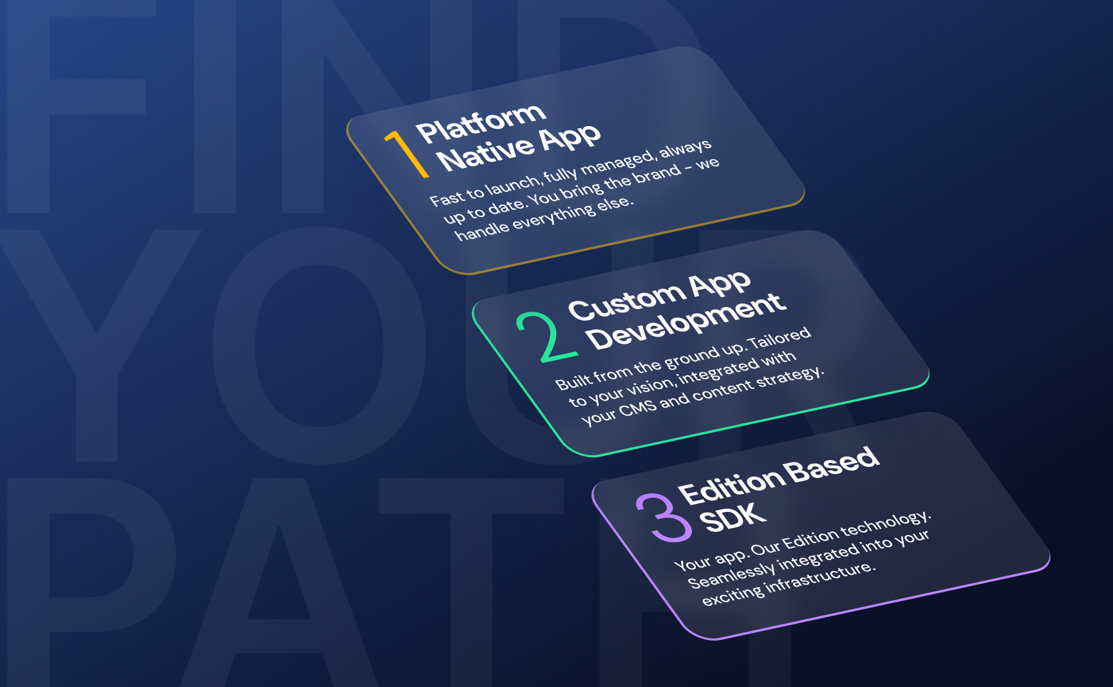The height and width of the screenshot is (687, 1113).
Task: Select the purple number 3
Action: pyautogui.click(x=664, y=518)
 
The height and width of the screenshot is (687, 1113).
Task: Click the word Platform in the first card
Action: pyautogui.click(x=481, y=122)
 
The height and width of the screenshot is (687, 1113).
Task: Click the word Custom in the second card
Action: pyautogui.click(x=626, y=301)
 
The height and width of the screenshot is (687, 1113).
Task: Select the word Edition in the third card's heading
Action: pyautogui.click(x=732, y=484)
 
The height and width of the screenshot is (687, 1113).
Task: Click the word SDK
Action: pyautogui.click(x=733, y=518)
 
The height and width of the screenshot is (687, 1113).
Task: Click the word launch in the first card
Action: pyautogui.click(x=512, y=184)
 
